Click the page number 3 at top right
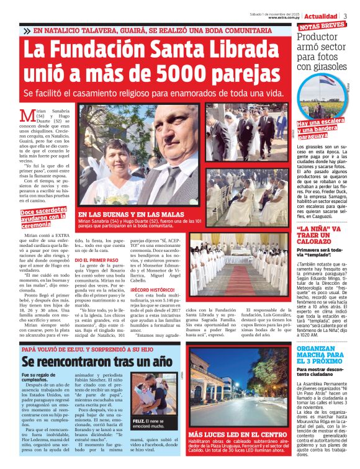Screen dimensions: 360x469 click(x=345, y=16)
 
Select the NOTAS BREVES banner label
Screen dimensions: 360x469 click(x=322, y=27)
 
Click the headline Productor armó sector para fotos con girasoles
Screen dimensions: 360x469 click(x=324, y=51)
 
